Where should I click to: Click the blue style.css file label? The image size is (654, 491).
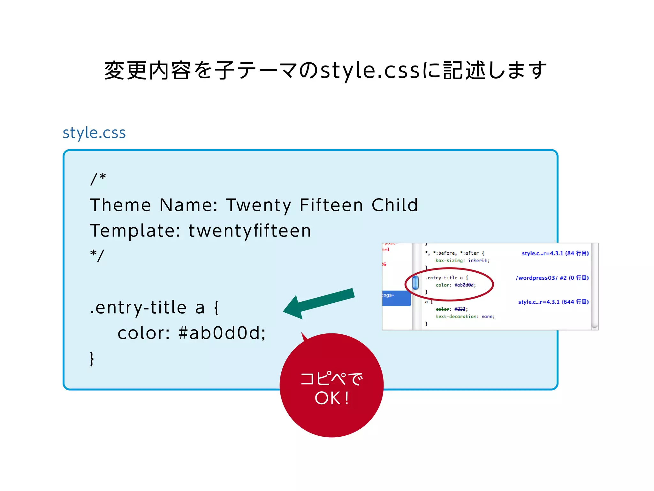coord(94,133)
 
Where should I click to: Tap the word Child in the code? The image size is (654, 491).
coord(395,205)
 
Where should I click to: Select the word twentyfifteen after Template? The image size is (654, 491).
coord(250,231)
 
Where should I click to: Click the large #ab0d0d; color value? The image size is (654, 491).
coord(222,333)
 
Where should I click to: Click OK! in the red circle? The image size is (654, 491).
coord(332,398)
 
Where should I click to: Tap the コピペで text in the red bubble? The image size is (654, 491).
coord(331,379)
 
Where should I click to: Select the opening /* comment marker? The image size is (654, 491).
coord(98,179)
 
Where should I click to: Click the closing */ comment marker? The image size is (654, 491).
coord(97,256)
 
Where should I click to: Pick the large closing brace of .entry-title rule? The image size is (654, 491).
coord(92,359)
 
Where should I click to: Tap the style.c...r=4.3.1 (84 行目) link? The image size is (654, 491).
coord(555,253)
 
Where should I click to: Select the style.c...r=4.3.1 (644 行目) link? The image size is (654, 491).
coord(553,302)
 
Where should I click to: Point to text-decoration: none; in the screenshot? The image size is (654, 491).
coord(465,316)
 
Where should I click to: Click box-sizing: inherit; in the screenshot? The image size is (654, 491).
coord(462,261)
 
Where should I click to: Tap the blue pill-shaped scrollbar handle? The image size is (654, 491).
coord(415,283)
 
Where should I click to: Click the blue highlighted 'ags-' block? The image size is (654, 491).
coord(396,298)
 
